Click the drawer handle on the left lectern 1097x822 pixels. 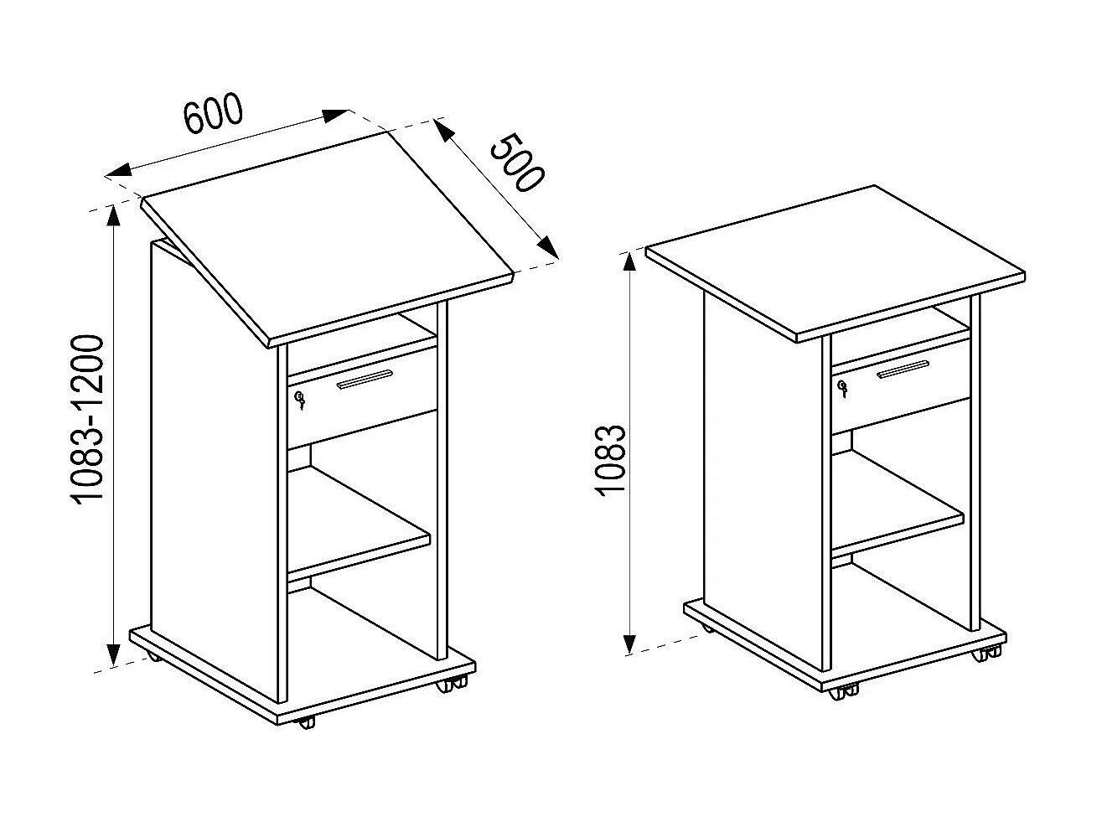(x=364, y=380)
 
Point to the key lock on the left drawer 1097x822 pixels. (x=300, y=400)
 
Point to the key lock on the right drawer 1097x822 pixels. (x=842, y=388)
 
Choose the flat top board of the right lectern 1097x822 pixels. (x=836, y=261)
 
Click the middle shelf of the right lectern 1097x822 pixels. (x=897, y=503)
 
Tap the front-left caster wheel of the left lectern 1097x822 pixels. (x=307, y=721)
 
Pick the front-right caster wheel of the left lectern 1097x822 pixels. (x=448, y=685)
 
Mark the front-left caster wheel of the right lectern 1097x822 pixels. (x=841, y=694)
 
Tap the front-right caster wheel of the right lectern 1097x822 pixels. (x=981, y=656)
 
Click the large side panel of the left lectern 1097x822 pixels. (x=214, y=469)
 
